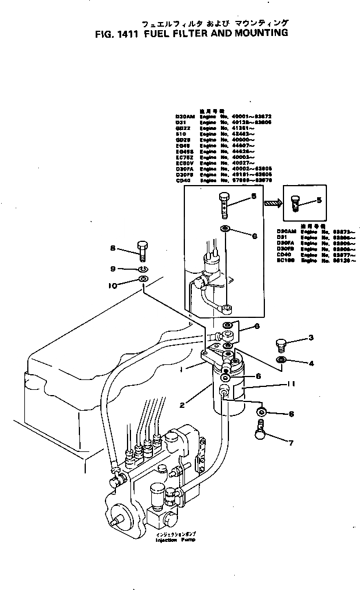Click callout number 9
[114, 269]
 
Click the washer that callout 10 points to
[143, 282]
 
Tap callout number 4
[311, 364]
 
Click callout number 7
[292, 443]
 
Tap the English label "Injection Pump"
[174, 540]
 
